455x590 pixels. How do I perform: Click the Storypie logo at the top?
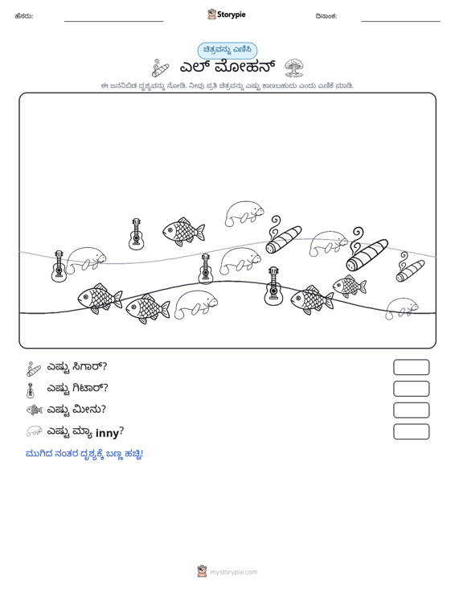(227, 14)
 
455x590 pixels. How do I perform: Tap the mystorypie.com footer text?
(233, 572)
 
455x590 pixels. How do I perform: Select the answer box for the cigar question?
(411, 367)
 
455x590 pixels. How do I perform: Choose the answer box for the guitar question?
(411, 389)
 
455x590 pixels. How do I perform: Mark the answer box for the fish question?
(411, 411)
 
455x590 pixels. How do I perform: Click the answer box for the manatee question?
(411, 431)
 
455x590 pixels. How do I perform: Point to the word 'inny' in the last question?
(107, 433)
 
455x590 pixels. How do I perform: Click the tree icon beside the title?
(294, 68)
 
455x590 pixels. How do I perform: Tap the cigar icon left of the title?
(161, 68)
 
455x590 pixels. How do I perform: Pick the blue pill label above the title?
(227, 50)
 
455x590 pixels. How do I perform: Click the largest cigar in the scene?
(367, 249)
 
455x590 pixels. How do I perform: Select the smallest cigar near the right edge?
(410, 267)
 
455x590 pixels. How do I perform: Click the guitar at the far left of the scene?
(59, 266)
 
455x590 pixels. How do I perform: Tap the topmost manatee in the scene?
(244, 213)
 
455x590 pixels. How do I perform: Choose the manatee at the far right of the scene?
(402, 308)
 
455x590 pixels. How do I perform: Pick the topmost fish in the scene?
(183, 231)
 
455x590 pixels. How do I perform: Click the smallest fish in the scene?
(350, 286)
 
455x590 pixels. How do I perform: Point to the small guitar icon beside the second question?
(30, 390)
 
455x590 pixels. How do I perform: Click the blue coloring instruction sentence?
(84, 454)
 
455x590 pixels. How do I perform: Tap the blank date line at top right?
(400, 21)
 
